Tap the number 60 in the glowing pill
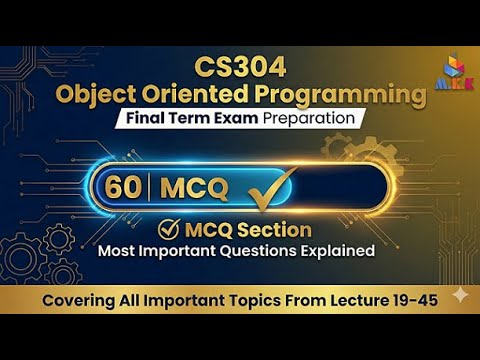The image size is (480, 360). pos(124,187)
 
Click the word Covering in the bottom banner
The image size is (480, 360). pos(75,300)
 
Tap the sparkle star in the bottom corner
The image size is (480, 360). pos(458,296)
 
